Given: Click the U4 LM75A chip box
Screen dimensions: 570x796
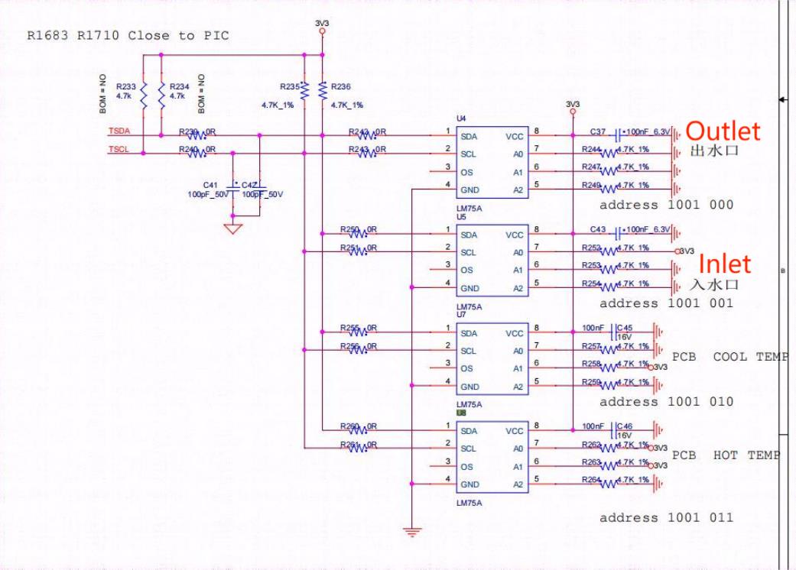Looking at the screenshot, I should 490,161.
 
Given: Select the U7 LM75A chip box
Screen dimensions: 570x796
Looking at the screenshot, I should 490,358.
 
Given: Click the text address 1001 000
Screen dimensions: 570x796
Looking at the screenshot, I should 666,205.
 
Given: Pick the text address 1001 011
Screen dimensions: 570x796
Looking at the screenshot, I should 666,517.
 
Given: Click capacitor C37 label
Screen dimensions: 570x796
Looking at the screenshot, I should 599,131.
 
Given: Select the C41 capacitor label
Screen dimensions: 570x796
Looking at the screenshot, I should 210,185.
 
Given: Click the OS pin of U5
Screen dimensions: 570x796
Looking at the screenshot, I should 466,270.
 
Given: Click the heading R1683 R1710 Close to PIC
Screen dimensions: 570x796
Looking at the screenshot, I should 128,35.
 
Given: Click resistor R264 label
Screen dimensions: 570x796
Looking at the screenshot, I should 590,479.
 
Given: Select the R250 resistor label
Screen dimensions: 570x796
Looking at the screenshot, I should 349,228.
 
